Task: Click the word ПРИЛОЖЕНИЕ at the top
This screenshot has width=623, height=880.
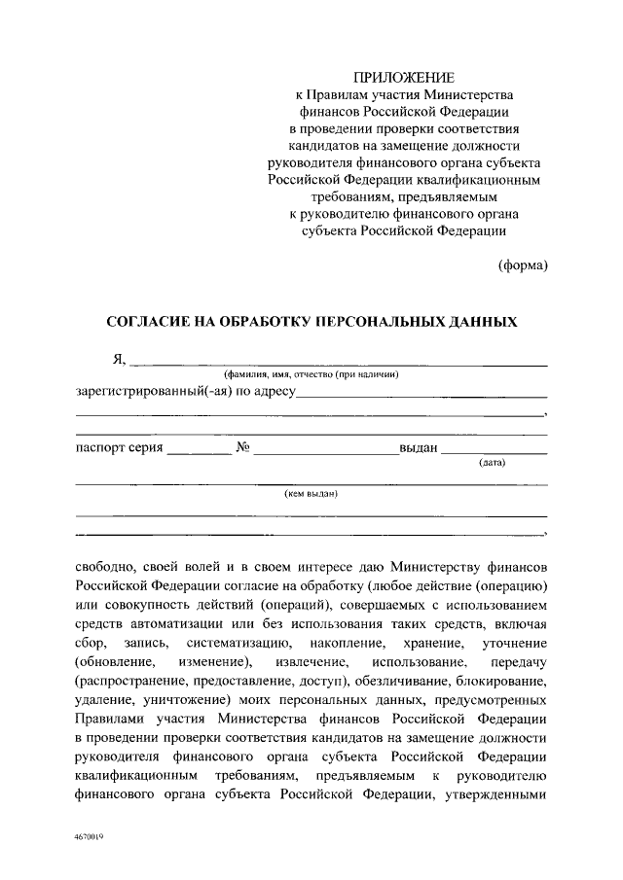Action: pos(404,76)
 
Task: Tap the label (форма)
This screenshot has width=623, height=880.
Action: pos(523,264)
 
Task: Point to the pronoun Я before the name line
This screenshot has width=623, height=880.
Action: pos(119,358)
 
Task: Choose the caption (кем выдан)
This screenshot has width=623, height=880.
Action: pos(311,494)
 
